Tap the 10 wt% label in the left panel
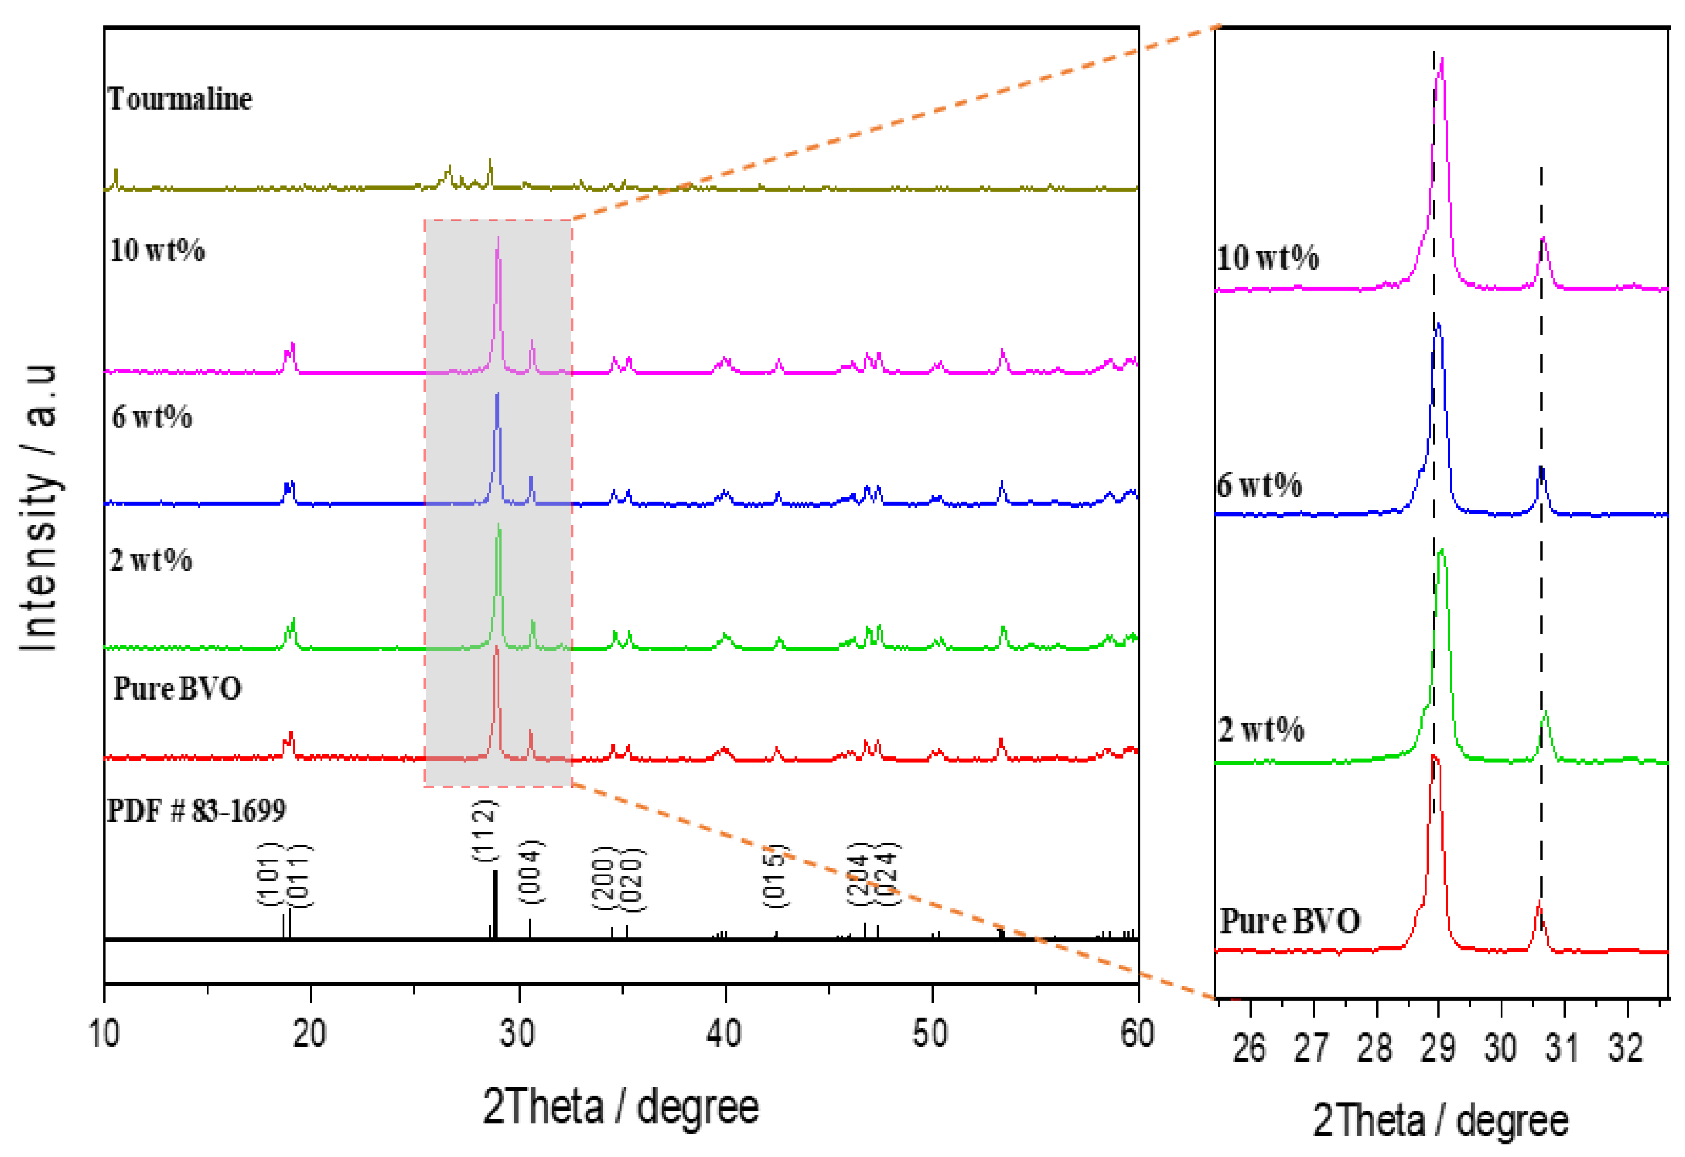tap(157, 251)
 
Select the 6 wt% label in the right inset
tap(1259, 486)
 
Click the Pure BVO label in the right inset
tap(1290, 921)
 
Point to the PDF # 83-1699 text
tap(197, 810)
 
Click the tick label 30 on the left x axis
tap(518, 1033)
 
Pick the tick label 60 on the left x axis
tap(1137, 1033)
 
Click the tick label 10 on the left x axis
tap(104, 1033)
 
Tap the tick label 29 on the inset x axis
tap(1438, 1048)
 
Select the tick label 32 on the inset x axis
tap(1626, 1048)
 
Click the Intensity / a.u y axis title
tap(38, 508)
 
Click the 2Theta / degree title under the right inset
tap(1440, 1121)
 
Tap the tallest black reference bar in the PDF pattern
tap(495, 903)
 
